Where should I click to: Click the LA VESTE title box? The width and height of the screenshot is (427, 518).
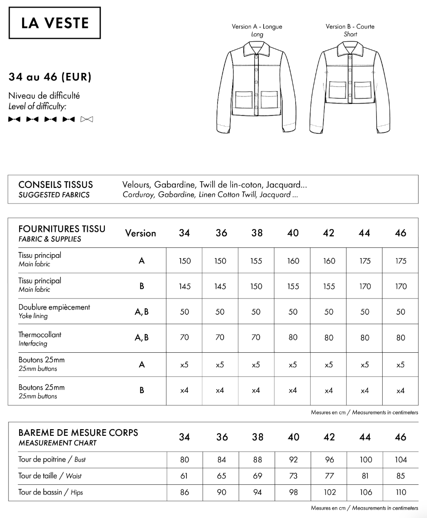pyautogui.click(x=55, y=23)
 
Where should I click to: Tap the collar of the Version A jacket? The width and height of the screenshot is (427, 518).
pyautogui.click(x=257, y=48)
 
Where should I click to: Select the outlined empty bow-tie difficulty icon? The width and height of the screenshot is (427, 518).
pyautogui.click(x=87, y=120)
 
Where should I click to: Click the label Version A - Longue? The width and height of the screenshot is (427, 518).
pyautogui.click(x=257, y=27)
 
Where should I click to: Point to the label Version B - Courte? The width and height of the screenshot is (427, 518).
pyautogui.click(x=350, y=27)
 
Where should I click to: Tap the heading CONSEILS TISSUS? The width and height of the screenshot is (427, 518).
pyautogui.click(x=55, y=184)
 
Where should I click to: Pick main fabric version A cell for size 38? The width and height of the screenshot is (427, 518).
pyautogui.click(x=256, y=261)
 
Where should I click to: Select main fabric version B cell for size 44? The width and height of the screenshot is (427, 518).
pyautogui.click(x=364, y=287)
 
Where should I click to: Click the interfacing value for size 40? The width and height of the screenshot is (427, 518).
pyautogui.click(x=293, y=338)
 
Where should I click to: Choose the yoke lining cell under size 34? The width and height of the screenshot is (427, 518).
pyautogui.click(x=184, y=312)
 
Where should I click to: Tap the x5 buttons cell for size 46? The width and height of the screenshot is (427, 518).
pyautogui.click(x=400, y=365)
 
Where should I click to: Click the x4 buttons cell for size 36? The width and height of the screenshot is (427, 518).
pyautogui.click(x=220, y=390)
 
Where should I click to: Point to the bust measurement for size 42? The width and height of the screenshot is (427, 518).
pyautogui.click(x=329, y=460)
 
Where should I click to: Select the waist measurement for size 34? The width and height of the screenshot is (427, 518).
pyautogui.click(x=184, y=476)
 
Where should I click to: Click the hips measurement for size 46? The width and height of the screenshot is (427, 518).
pyautogui.click(x=400, y=492)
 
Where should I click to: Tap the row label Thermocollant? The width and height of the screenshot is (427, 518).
pyautogui.click(x=40, y=335)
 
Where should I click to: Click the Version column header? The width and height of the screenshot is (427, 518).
pyautogui.click(x=141, y=233)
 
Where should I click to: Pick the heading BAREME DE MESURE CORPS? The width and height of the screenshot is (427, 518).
pyautogui.click(x=78, y=432)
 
